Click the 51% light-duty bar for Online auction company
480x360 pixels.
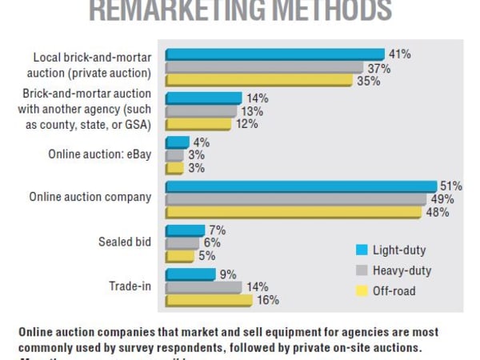click(x=301, y=186)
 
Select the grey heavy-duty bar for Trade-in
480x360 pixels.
click(x=203, y=286)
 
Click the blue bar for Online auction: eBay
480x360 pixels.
click(x=177, y=142)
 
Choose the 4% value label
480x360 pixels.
click(x=200, y=142)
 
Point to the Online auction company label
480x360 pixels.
click(x=90, y=197)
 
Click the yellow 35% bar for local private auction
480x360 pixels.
click(x=258, y=81)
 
